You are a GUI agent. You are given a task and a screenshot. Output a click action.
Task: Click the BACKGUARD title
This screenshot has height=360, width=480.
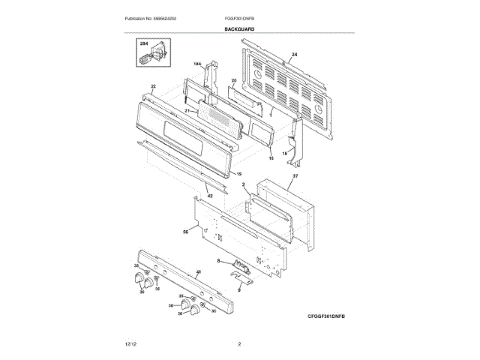pyautogui.click(x=239, y=28)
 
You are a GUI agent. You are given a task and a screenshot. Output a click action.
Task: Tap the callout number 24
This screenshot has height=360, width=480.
pyautogui.click(x=294, y=55)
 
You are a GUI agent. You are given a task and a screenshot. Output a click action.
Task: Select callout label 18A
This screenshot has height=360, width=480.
pyautogui.click(x=198, y=64)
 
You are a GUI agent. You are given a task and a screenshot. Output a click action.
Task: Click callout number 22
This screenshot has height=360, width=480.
pyautogui.click(x=153, y=87)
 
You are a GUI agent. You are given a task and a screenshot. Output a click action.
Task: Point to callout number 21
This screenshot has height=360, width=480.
pyautogui.click(x=187, y=111)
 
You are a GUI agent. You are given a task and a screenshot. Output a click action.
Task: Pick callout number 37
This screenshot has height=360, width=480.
pyautogui.click(x=295, y=176)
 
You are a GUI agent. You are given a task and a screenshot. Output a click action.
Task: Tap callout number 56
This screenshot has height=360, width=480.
pyautogui.click(x=185, y=232)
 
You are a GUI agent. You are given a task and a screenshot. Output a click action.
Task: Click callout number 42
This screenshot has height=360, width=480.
pyautogui.click(x=210, y=196)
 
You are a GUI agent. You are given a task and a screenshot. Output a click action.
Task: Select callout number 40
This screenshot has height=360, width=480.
pyautogui.click(x=198, y=272)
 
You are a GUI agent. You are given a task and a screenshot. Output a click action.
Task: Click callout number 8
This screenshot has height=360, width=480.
pyautogui.click(x=218, y=260)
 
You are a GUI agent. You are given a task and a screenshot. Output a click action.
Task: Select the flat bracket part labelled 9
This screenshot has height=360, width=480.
pyautogui.click(x=244, y=280)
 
